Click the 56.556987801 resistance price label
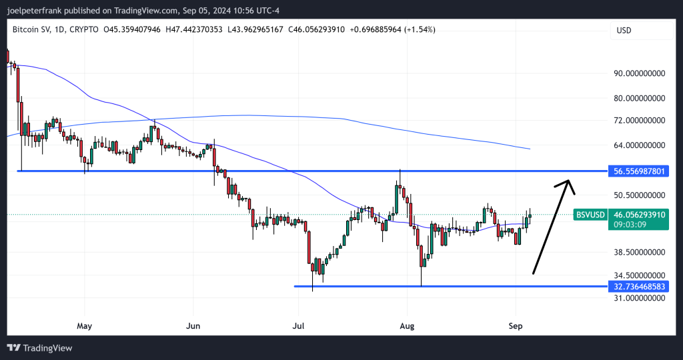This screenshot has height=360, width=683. (x=640, y=171)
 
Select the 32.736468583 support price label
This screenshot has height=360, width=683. (x=640, y=287)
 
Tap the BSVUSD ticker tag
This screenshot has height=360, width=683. (x=590, y=215)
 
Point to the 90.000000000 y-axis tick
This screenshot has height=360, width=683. (x=640, y=73)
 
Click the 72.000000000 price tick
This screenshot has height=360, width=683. (x=640, y=120)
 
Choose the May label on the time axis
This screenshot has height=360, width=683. (x=84, y=326)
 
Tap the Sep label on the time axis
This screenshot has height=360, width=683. (x=516, y=326)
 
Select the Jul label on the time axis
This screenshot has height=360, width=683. (x=298, y=326)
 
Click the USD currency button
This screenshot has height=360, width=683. (x=624, y=30)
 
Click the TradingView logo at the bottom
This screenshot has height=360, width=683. (x=39, y=348)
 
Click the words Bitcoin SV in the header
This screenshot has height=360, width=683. (x=33, y=30)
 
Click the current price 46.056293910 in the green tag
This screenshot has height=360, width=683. (x=640, y=215)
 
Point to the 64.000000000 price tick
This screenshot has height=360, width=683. (x=640, y=145)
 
